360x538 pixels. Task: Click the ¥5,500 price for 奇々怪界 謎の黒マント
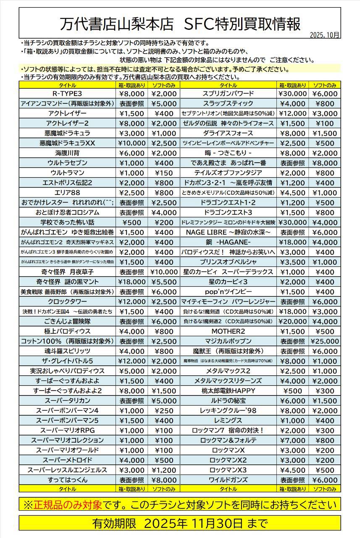(164, 282)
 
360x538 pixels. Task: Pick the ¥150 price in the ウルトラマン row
(164, 173)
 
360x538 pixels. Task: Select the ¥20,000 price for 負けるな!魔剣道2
(293, 322)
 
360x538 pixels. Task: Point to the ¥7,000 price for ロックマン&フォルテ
(293, 440)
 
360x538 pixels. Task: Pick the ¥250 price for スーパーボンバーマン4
(164, 411)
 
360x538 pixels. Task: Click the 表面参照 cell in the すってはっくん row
(131, 480)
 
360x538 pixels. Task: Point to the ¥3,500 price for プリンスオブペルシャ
(293, 262)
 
